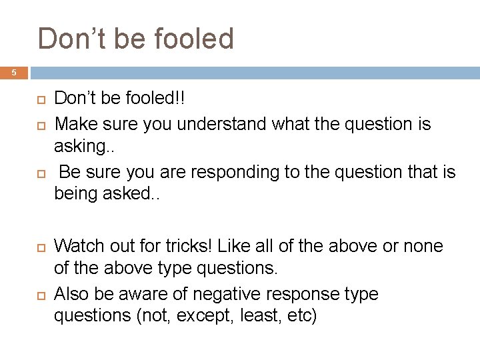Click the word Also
pyautogui.click(x=71, y=294)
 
